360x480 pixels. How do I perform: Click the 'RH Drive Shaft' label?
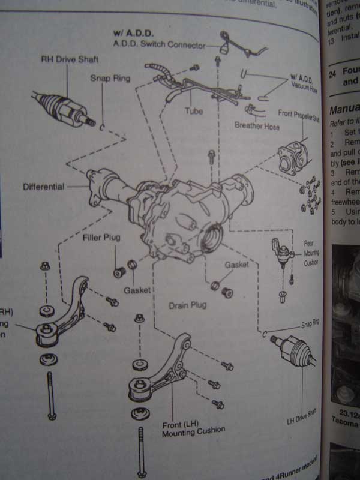coord(70,59)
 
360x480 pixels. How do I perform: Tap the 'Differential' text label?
coord(43,187)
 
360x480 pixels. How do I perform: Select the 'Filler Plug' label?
coord(101,238)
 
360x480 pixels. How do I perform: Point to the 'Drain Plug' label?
coord(188,305)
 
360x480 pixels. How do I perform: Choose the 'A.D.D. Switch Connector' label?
coord(158,45)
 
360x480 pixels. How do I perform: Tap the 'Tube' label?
coord(194,111)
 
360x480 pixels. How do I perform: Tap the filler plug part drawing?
coord(119,272)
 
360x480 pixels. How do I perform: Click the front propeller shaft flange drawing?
coord(292,156)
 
